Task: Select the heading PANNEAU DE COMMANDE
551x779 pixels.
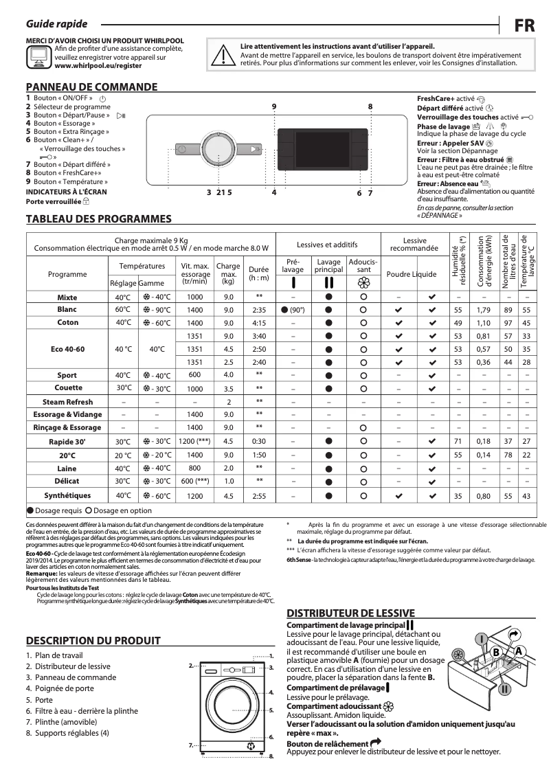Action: [91, 87]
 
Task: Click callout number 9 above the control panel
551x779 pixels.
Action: [273, 106]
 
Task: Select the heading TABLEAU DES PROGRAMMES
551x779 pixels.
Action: [98, 219]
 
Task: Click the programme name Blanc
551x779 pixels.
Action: [67, 310]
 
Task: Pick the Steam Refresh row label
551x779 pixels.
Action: [67, 402]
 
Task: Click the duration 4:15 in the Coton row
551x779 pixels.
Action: [259, 323]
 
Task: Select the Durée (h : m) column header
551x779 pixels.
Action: [259, 273]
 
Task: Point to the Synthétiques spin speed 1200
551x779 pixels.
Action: [194, 495]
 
